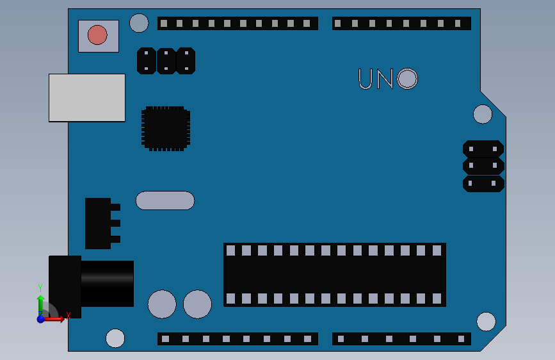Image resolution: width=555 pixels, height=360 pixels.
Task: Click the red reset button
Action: click(x=97, y=35)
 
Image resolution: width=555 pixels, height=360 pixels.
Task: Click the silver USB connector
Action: click(x=87, y=97)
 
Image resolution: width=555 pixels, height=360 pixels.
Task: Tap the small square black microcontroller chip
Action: click(x=166, y=128)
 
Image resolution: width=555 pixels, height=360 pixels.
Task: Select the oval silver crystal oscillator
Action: click(x=165, y=200)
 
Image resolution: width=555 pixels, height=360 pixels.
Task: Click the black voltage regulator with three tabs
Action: click(x=99, y=223)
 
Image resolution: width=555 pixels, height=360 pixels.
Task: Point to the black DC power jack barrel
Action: click(x=106, y=283)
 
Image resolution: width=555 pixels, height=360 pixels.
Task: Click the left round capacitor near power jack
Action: click(x=162, y=304)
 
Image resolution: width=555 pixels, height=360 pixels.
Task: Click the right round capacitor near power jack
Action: click(x=197, y=304)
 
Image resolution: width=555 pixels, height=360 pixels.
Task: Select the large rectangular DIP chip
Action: click(x=334, y=274)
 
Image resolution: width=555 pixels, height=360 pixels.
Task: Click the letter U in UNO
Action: click(x=366, y=79)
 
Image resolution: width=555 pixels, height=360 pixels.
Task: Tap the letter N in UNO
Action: click(x=385, y=79)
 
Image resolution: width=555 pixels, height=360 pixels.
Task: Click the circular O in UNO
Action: click(x=407, y=79)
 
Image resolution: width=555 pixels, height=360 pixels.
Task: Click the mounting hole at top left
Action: click(x=139, y=23)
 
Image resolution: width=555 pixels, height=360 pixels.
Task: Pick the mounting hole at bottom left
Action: click(x=115, y=338)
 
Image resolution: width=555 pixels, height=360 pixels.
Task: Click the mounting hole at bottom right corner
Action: click(x=486, y=321)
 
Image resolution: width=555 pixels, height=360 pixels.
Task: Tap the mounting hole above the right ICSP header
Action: click(x=483, y=114)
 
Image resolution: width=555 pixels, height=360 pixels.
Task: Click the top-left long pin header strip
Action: click(x=237, y=23)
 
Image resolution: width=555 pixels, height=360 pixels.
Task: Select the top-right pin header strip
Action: click(x=401, y=23)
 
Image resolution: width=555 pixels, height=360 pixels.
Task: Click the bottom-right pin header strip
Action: click(x=401, y=339)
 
